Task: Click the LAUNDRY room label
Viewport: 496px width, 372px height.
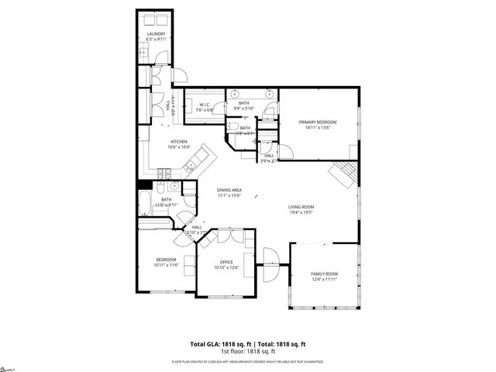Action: click(x=157, y=33)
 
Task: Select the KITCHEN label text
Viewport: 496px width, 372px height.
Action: click(x=179, y=142)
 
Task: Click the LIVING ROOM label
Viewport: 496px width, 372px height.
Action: click(x=301, y=206)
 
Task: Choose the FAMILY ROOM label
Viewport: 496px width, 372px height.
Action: click(x=324, y=274)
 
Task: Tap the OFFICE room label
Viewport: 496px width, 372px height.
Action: click(x=226, y=262)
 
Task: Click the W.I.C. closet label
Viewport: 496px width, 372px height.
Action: click(x=205, y=105)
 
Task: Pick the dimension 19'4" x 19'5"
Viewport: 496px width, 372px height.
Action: click(x=301, y=212)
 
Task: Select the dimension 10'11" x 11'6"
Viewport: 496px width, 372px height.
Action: click(x=167, y=265)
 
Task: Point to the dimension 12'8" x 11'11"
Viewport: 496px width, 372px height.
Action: click(x=324, y=280)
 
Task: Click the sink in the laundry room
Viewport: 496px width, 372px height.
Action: click(x=144, y=52)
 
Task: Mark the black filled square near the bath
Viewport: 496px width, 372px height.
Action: click(x=143, y=185)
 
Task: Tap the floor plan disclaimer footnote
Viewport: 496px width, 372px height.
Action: click(x=248, y=362)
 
